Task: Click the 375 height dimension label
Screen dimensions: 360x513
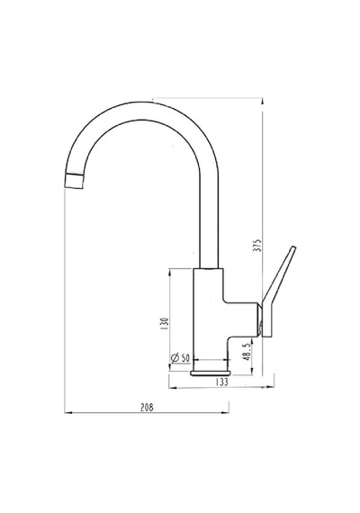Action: point(258,246)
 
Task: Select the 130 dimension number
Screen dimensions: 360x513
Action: point(165,323)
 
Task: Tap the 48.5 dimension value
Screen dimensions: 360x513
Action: point(247,352)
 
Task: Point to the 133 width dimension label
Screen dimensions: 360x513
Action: point(222,382)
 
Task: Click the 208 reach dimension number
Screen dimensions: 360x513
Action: point(147,408)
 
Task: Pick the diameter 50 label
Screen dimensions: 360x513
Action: point(180,358)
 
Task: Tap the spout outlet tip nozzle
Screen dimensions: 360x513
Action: point(75,182)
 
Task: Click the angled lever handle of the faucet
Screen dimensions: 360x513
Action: point(277,292)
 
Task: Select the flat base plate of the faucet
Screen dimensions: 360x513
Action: point(211,373)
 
